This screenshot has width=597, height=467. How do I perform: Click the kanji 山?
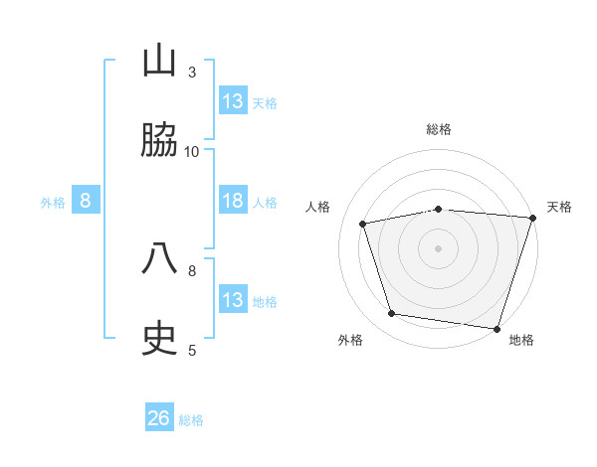tap(160, 61)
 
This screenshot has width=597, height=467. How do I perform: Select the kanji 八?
tap(160, 259)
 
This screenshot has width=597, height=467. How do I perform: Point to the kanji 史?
tap(160, 339)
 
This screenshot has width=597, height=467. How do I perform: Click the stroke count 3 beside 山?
tap(192, 72)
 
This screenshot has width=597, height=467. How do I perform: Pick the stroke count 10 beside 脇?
tap(192, 151)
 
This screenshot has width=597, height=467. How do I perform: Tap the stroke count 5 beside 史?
tap(192, 350)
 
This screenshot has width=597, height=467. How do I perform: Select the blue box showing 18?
tap(233, 201)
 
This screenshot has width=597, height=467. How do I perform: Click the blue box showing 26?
tap(159, 418)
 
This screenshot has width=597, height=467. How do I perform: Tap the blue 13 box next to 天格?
tap(233, 101)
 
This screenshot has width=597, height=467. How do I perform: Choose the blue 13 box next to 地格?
tap(233, 300)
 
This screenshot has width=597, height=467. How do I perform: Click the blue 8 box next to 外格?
tap(86, 201)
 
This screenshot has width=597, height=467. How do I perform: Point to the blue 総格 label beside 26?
tap(191, 420)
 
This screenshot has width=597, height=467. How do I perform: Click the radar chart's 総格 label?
tap(439, 129)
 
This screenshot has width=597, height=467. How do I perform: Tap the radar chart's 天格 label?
tap(559, 207)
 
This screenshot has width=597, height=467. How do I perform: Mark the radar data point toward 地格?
tap(497, 328)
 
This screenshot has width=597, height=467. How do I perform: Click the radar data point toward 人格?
tap(363, 224)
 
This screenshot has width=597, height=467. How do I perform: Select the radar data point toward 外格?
tap(392, 314)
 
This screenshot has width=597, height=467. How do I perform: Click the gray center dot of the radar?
tap(439, 247)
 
